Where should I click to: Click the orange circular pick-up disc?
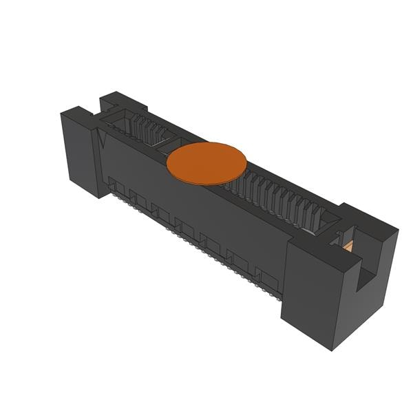coord(206,163)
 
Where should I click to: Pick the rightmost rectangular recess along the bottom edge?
coord(268,279)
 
